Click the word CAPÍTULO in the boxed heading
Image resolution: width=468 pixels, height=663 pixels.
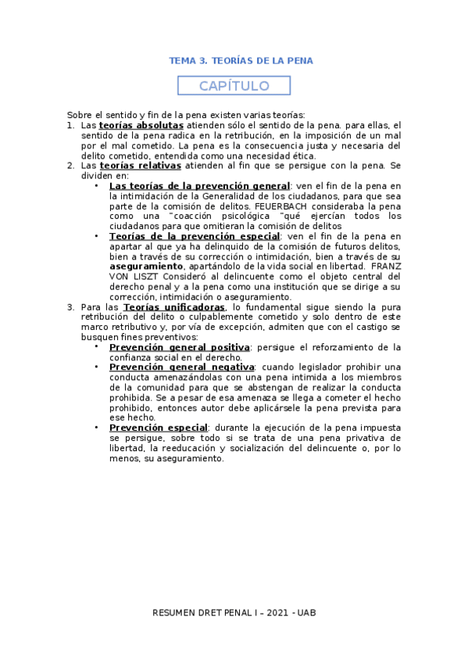[234, 86]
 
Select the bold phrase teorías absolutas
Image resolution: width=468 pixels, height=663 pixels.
[141, 125]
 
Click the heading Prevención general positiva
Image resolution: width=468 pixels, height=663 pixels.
[179, 347]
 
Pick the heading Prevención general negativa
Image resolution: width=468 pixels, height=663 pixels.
[181, 367]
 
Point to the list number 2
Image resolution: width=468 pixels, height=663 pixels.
[70, 166]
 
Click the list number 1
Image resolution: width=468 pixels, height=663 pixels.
[70, 125]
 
